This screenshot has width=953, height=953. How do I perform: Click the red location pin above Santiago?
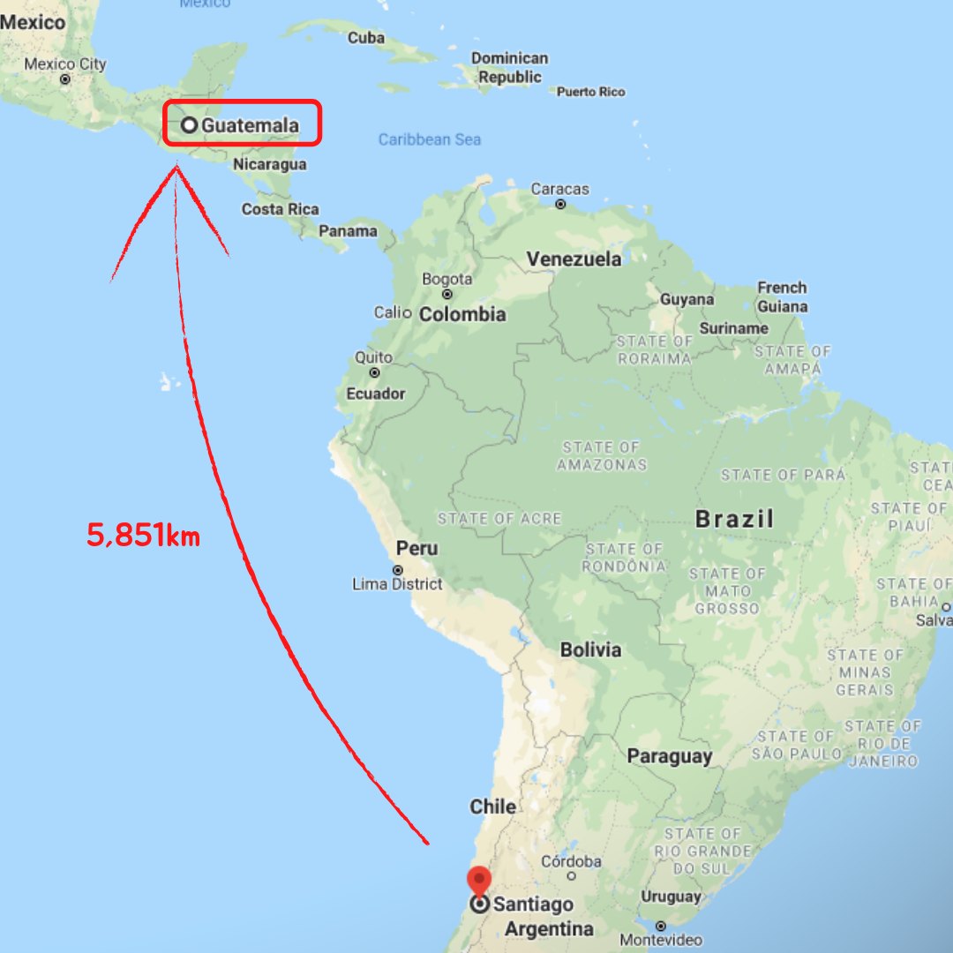(x=478, y=880)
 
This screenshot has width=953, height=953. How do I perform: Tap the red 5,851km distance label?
(x=143, y=535)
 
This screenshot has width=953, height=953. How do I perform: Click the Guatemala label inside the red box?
(x=250, y=125)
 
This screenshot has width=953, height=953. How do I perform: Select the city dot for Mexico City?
(x=65, y=79)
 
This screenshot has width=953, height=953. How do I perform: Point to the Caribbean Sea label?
(x=430, y=139)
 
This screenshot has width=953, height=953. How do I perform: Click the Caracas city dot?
(x=560, y=205)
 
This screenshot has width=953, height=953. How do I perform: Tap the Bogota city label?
(x=447, y=279)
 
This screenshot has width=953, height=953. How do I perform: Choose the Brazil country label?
(x=734, y=519)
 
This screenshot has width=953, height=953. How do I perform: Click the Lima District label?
(x=397, y=584)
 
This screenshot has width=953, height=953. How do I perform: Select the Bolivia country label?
(x=590, y=650)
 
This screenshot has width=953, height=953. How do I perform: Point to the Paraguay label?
(x=669, y=756)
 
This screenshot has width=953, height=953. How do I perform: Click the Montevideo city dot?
(x=661, y=926)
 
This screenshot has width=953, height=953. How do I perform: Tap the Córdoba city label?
(x=571, y=861)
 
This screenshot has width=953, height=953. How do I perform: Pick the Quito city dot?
(x=374, y=373)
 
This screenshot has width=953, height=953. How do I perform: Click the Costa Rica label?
(x=281, y=209)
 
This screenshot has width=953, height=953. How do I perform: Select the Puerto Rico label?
(x=590, y=92)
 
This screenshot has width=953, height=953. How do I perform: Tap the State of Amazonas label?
(x=602, y=455)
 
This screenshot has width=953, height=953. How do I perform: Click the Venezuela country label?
(x=574, y=259)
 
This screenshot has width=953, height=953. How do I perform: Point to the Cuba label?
(x=366, y=38)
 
